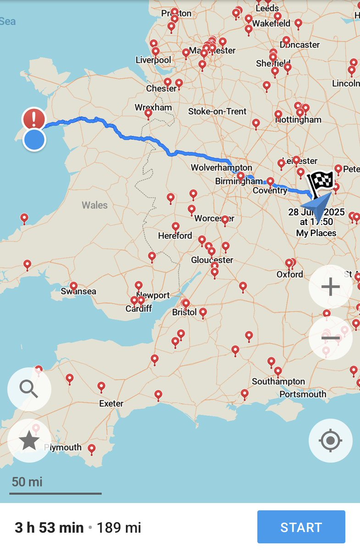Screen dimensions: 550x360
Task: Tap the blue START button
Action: coord(301,527)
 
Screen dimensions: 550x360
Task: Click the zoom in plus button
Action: coord(330,287)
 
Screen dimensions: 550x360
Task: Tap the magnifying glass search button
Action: coord(29,389)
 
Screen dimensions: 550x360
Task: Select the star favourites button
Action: coord(29,440)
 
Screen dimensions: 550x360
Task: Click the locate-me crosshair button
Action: coord(330,440)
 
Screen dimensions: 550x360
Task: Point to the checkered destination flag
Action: coord(321,182)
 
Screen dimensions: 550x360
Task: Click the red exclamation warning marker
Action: coord(34,119)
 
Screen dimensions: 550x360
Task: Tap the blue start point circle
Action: coord(34,139)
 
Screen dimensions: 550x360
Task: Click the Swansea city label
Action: coord(78,291)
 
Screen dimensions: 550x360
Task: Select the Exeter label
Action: coord(111,404)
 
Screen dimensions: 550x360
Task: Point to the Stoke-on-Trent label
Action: coord(217,111)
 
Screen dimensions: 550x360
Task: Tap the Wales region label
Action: coord(94,205)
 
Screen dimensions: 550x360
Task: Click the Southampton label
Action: coord(278,381)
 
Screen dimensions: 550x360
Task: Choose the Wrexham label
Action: coord(153,107)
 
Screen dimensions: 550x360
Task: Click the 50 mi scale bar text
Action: coord(27,482)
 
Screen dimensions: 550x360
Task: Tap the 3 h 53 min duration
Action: coord(49,528)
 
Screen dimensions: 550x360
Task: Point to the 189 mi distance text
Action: coord(119,528)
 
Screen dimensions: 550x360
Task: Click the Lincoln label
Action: coord(346,83)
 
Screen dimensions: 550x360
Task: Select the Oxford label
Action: coord(290,274)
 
